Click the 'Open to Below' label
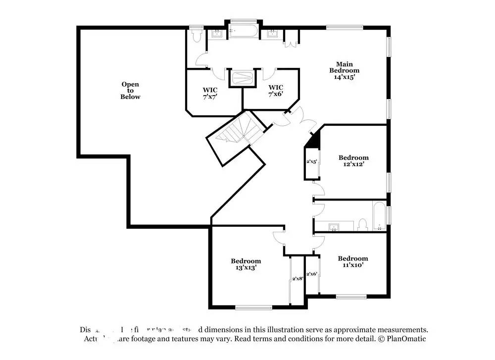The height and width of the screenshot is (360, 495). [130, 91]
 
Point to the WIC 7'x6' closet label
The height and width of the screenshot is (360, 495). [276, 90]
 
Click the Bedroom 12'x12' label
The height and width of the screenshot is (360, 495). [353, 161]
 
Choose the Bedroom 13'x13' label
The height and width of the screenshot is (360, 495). [246, 264]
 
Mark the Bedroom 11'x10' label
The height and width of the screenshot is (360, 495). [352, 261]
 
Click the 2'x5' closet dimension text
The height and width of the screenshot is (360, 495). [312, 161]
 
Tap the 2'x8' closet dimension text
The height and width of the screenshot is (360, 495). [297, 279]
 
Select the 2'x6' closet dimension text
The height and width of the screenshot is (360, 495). [312, 274]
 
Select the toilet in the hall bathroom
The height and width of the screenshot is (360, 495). [362, 225]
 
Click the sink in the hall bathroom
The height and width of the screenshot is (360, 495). [335, 227]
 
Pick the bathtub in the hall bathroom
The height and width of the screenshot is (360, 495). [379, 216]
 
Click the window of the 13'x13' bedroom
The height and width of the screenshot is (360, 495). [253, 308]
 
